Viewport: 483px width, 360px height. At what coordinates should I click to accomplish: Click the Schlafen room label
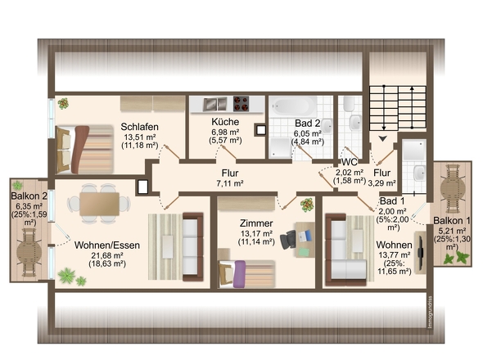tap(139, 127)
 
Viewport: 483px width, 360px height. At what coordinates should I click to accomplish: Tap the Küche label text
tap(225, 122)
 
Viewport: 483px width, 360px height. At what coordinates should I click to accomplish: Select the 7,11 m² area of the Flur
tap(230, 183)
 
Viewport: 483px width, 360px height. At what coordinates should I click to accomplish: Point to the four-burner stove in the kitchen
tap(241, 104)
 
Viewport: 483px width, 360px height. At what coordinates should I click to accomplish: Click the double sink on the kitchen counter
tap(214, 104)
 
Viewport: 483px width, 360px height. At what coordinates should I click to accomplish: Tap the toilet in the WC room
tap(349, 104)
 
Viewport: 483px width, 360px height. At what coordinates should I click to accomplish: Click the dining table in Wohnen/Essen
tap(99, 205)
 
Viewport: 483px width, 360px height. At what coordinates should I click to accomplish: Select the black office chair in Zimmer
tap(288, 239)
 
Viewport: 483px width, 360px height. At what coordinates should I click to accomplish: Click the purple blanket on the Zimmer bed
tap(239, 274)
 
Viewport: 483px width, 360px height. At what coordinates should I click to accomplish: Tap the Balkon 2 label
tap(29, 196)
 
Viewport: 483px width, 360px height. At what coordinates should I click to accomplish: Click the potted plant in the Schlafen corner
tap(63, 103)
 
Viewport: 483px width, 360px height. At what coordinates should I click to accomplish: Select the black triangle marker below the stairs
tap(382, 139)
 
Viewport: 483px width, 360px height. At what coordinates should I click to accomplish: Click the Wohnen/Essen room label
tap(107, 245)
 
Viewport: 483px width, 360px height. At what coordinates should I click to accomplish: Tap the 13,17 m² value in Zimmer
tap(256, 233)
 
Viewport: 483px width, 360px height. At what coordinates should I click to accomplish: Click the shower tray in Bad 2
tap(280, 148)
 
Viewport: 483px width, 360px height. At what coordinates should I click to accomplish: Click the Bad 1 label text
tap(392, 201)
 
